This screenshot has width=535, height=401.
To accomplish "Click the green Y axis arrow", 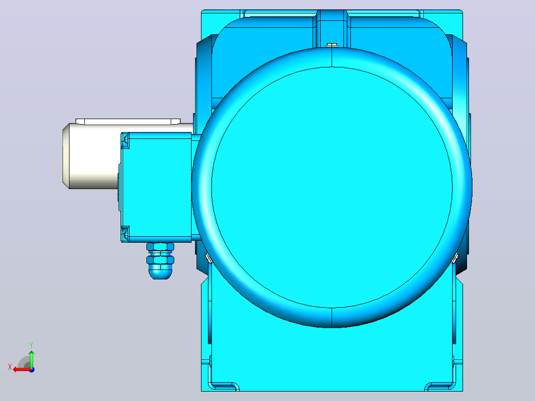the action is tap(31, 359).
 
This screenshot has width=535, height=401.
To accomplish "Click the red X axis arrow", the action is tap(22, 370).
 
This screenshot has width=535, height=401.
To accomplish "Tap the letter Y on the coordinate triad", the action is tap(31, 345).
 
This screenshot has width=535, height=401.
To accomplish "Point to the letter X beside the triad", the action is tap(10, 367).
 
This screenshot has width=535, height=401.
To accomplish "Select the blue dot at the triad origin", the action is tap(32, 370).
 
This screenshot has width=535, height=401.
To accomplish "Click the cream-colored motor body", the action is tap(92, 156).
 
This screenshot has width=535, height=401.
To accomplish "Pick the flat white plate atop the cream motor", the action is tap(128, 122).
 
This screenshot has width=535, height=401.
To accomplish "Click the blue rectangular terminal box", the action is tap(156, 188).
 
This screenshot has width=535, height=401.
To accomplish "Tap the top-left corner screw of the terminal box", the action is tap(126, 140).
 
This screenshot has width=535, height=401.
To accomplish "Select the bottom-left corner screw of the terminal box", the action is tap(126, 234).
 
